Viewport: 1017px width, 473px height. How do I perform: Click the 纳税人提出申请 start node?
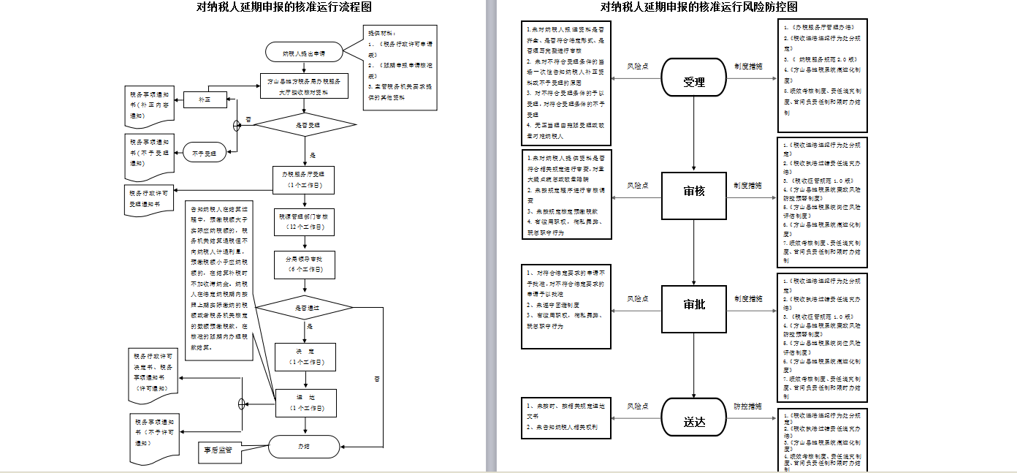pyautogui.click(x=305, y=53)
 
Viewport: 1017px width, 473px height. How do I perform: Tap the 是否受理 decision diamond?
pyautogui.click(x=307, y=125)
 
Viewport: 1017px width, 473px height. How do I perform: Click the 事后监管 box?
pyautogui.click(x=218, y=451)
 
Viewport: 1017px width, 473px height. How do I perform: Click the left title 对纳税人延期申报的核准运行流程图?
pyautogui.click(x=284, y=7)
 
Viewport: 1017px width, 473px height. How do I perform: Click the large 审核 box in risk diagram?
pyautogui.click(x=694, y=192)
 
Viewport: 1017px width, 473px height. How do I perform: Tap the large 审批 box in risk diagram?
pyautogui.click(x=694, y=305)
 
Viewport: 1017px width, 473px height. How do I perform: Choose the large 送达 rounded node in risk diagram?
pyautogui.click(x=694, y=421)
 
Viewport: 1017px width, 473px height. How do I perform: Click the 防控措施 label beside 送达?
pyautogui.click(x=749, y=406)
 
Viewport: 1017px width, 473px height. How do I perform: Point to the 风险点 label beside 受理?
pyautogui.click(x=638, y=67)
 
